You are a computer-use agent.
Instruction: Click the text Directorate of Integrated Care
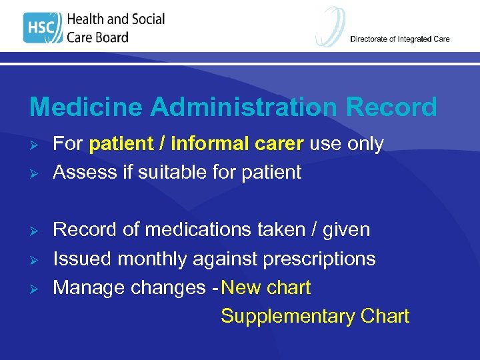pos(400,39)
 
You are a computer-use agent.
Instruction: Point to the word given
pos(346,230)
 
